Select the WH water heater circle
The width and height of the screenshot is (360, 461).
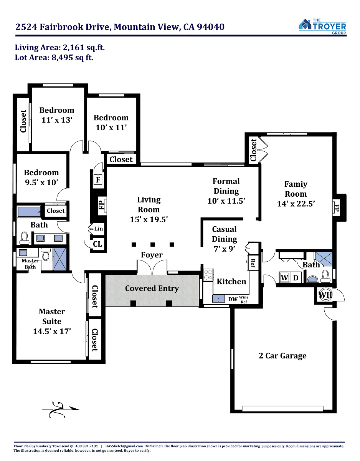[x=325, y=295]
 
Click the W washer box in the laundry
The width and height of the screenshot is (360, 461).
[x=284, y=277]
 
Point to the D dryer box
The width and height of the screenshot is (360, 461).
[x=296, y=277]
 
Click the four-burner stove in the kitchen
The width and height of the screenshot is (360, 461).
[x=208, y=275]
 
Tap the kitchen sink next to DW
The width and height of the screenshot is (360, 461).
[x=218, y=299]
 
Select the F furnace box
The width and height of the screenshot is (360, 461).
[x=98, y=180]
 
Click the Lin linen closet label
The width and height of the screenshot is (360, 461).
[x=99, y=229]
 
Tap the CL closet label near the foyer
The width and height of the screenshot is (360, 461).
[x=97, y=244]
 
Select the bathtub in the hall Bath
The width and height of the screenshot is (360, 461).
[x=29, y=212]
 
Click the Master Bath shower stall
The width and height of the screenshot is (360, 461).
[x=60, y=259]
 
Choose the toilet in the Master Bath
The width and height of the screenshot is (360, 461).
[x=46, y=254]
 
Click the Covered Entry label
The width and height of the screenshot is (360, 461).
[x=152, y=288]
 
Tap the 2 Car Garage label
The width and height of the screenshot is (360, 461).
[x=282, y=356]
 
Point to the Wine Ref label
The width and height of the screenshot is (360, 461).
[x=244, y=299]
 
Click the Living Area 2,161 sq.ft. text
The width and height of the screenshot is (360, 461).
[x=60, y=48]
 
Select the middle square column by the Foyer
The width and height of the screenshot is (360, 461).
[x=153, y=245]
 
